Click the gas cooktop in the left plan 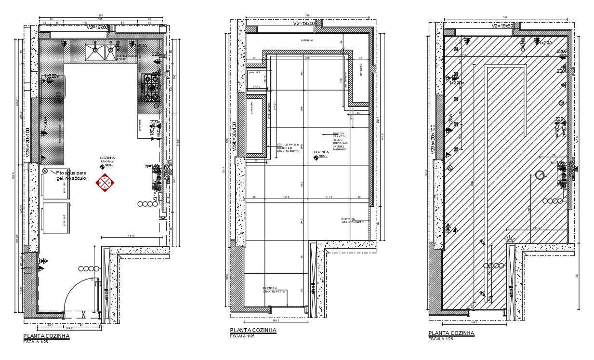(151, 88)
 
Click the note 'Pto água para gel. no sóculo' (71, 175)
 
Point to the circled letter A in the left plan (45, 171)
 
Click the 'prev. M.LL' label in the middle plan (255, 73)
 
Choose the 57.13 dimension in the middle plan (257, 87)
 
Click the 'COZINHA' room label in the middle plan (321, 152)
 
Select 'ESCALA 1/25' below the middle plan (242, 336)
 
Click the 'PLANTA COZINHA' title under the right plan (451, 333)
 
